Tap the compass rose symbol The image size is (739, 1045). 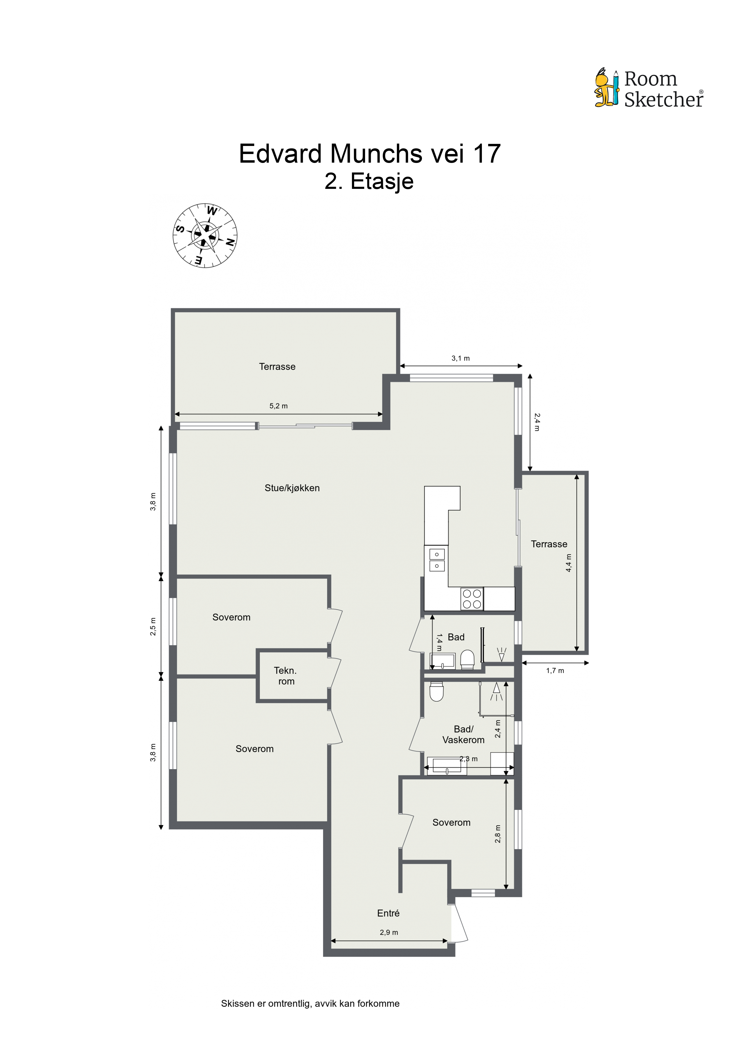205,235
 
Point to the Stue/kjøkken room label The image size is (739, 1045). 292,488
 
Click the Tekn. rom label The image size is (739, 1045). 285,676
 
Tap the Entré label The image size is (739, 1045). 388,913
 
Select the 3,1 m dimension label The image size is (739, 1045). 461,358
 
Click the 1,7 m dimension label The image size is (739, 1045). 555,671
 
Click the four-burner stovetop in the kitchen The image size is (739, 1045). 472,598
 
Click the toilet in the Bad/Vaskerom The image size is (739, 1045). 437,691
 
